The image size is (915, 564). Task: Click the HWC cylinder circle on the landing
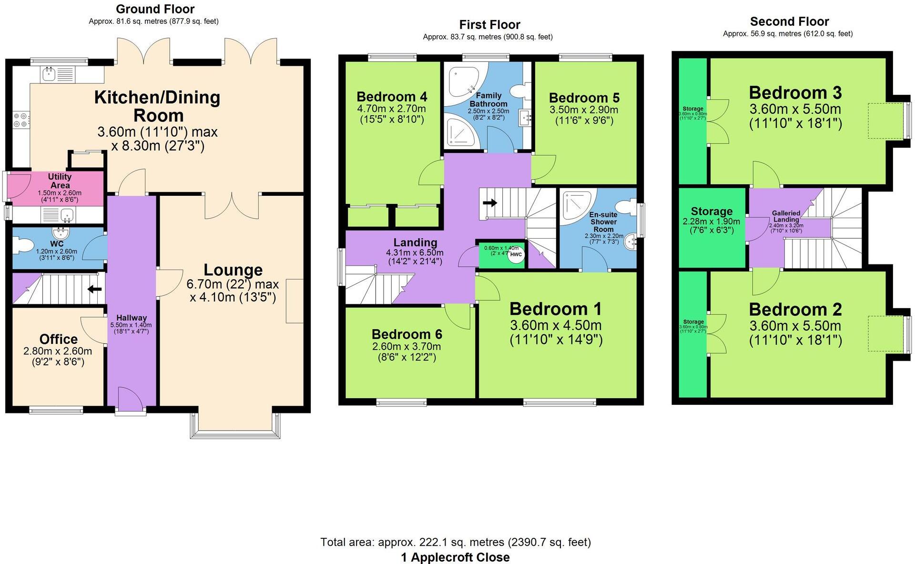[x=516, y=254]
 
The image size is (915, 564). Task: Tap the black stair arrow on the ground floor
[x=95, y=289]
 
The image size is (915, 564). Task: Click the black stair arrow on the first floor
[x=489, y=203]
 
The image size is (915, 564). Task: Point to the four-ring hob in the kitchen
[x=20, y=120]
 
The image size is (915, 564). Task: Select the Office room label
[x=58, y=339]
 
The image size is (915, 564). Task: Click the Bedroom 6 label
[x=407, y=334]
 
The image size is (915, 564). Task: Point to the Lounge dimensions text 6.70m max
[x=233, y=284]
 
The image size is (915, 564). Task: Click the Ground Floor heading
[x=155, y=9]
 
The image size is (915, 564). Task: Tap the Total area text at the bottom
[x=455, y=542]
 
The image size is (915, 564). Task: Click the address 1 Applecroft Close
[x=455, y=557]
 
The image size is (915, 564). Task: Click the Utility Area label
[x=60, y=181]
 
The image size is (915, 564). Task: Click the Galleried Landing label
[x=786, y=216]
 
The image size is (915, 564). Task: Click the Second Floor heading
[x=789, y=21]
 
